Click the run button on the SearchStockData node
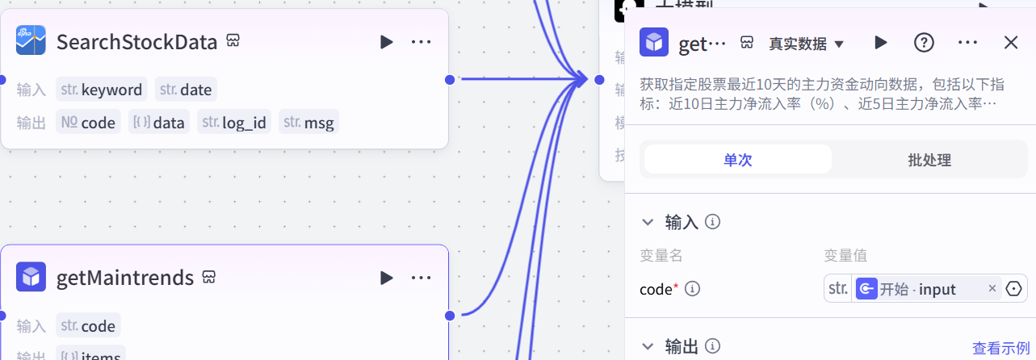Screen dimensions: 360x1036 point(387,42)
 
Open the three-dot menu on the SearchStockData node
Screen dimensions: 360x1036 point(421,42)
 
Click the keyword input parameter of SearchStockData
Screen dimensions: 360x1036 point(102,90)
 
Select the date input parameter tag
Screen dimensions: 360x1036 point(187,90)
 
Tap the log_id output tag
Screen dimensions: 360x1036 point(234,123)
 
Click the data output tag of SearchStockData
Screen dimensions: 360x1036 point(159,123)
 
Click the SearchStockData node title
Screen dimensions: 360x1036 point(136,42)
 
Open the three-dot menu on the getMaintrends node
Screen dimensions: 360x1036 point(421,278)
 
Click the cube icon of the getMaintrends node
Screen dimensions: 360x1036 point(31,278)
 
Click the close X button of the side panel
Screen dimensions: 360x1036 point(1011,43)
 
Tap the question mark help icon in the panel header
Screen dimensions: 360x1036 point(924,43)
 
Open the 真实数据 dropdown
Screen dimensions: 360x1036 point(806,44)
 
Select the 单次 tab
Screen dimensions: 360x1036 point(737,160)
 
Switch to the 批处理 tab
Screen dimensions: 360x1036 point(929,160)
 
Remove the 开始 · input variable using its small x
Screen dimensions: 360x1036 point(992,289)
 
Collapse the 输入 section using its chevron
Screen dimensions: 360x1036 point(648,222)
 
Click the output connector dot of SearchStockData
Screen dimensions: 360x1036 point(450,79)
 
